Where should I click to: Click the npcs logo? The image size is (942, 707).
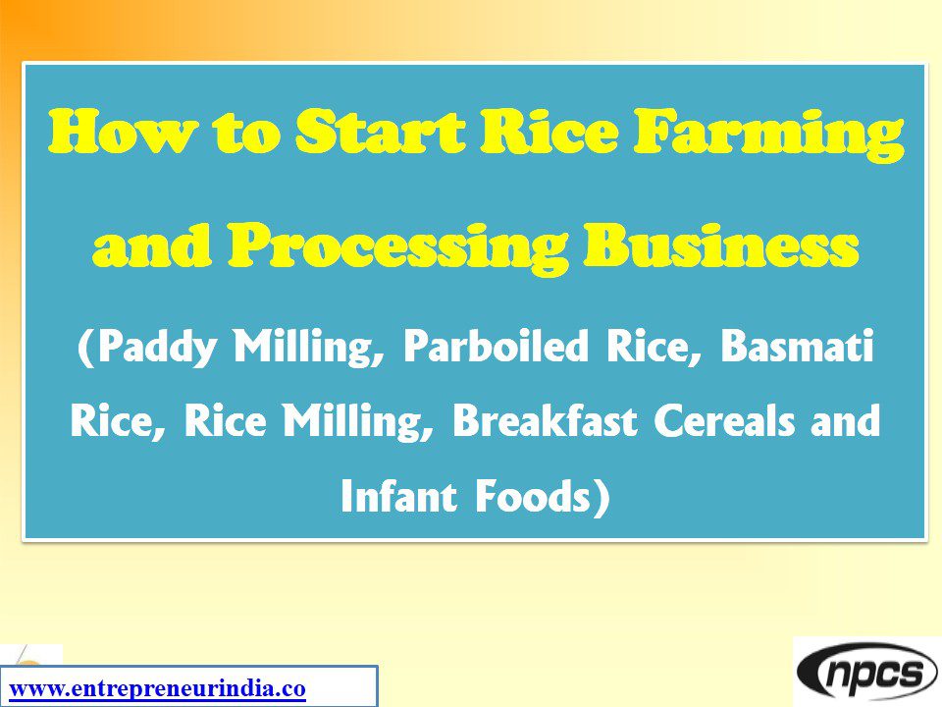click(x=866, y=673)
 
